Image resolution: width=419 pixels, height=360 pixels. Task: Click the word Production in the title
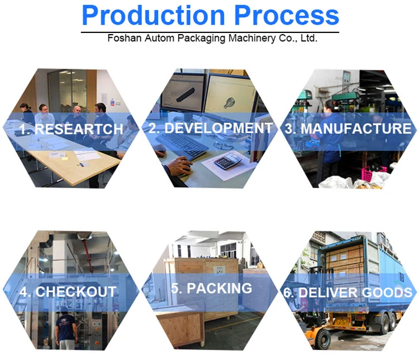153,15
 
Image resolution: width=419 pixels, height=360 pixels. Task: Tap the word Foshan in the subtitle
124,38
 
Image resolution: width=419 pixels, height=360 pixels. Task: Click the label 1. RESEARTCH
72,129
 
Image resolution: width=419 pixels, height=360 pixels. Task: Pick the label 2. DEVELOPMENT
211,128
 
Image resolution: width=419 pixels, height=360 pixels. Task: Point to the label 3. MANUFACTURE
347,128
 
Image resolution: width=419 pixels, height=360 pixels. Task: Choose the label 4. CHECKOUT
68,291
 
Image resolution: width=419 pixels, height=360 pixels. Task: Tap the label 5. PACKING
211,288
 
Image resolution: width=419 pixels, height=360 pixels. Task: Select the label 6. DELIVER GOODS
347,292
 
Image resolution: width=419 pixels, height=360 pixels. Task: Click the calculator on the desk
227,160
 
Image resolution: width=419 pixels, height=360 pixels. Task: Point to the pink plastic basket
374,172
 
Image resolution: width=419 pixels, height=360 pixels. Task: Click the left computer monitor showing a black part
183,93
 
